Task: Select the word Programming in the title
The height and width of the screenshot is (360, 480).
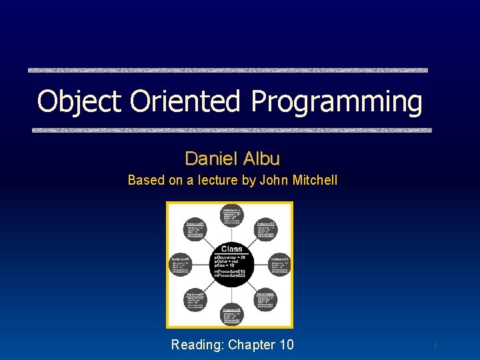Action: pyautogui.click(x=337, y=102)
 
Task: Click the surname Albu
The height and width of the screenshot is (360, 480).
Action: pyautogui.click(x=261, y=159)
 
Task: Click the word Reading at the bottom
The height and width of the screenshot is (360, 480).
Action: pyautogui.click(x=197, y=345)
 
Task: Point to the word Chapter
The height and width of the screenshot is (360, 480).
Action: pyautogui.click(x=251, y=345)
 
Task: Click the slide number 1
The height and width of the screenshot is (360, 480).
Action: pyautogui.click(x=435, y=346)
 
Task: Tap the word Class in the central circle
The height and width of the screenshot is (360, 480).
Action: pyautogui.click(x=231, y=249)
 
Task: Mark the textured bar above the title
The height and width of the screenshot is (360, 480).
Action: pyautogui.click(x=227, y=70)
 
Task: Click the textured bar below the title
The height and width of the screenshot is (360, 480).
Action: pyautogui.click(x=232, y=131)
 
